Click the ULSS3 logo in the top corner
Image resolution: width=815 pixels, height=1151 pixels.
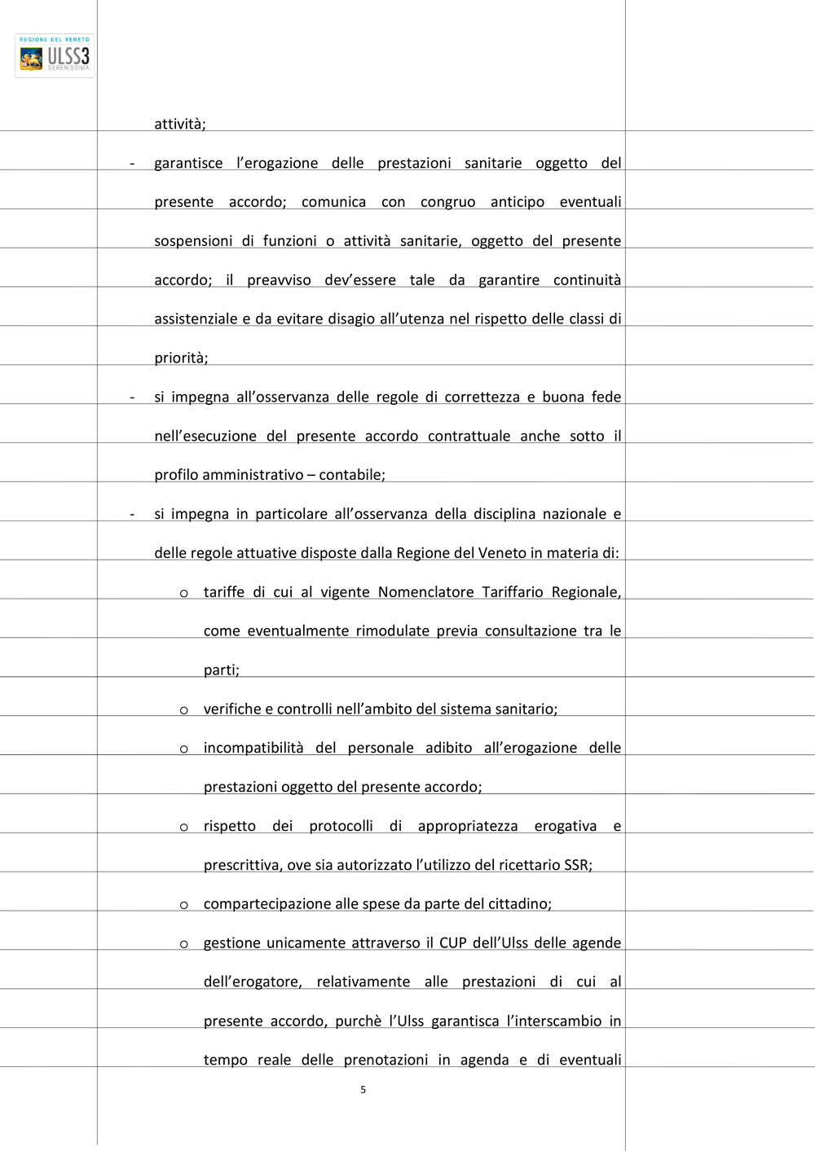[x=55, y=55]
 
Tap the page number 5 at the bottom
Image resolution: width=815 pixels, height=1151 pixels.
[x=363, y=1090]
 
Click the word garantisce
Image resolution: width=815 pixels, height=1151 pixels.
[x=188, y=163]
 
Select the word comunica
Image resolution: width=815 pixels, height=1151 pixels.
[x=333, y=202]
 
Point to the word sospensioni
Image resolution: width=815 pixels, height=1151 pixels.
[x=193, y=241]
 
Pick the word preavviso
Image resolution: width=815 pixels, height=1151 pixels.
[x=279, y=280]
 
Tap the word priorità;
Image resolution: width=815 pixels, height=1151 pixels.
[x=181, y=358]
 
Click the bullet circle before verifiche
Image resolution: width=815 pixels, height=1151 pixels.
[x=184, y=710]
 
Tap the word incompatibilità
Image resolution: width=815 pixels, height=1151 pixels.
[x=253, y=748]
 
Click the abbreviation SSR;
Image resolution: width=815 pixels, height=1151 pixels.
[x=578, y=865]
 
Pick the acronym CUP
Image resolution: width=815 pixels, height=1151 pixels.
[x=453, y=943]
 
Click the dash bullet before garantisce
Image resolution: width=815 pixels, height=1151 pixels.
[x=132, y=164]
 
